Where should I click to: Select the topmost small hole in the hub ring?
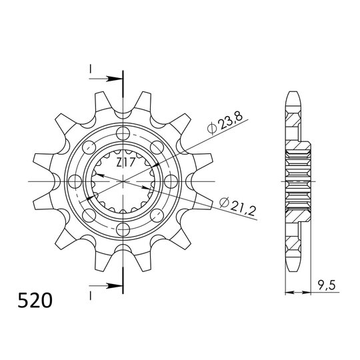(123, 132)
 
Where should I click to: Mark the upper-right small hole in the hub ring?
(157, 146)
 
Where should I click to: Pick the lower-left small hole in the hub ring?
(88, 215)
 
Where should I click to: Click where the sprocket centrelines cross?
(123, 181)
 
